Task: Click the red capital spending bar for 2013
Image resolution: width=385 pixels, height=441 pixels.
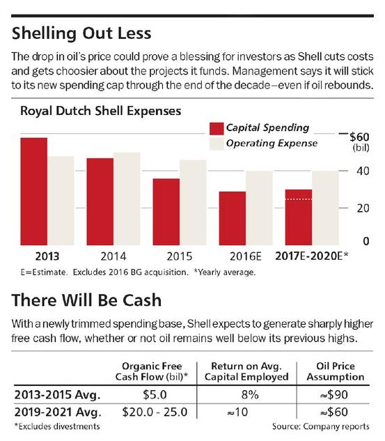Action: (33, 192)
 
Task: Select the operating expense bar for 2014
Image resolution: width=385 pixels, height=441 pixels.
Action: (127, 199)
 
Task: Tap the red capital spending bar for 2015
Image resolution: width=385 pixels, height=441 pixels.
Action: (166, 212)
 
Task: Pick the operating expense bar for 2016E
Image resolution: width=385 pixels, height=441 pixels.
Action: (259, 208)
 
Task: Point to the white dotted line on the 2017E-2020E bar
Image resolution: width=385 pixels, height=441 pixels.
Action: (299, 199)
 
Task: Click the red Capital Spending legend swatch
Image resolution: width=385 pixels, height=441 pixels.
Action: (217, 128)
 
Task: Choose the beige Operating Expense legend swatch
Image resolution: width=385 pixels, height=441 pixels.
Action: (217, 144)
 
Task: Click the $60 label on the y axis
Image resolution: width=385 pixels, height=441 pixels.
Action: (359, 137)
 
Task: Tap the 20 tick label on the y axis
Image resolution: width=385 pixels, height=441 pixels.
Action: (363, 208)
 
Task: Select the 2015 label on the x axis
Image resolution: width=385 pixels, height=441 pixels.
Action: (180, 256)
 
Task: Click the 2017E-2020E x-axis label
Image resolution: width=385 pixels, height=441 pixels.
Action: (312, 256)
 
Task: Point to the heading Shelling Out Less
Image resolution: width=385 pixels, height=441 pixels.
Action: (81, 33)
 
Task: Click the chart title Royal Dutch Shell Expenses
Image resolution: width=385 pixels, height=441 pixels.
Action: (101, 111)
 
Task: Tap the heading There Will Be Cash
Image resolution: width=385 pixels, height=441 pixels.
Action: (86, 300)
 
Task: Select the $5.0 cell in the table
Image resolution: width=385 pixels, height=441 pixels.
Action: (155, 394)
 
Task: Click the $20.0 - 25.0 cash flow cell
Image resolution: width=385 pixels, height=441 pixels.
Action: (155, 412)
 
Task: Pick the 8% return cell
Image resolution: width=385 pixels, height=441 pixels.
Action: (250, 394)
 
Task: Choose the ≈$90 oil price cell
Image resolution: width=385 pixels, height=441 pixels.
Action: (334, 394)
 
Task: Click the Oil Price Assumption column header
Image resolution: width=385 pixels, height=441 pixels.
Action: (336, 371)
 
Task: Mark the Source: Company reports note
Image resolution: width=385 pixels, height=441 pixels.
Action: (321, 426)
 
